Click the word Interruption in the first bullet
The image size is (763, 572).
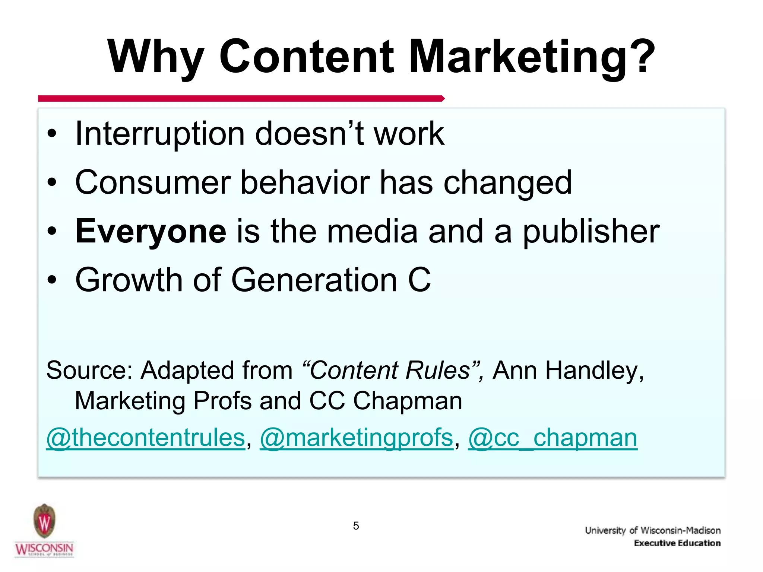click(x=159, y=134)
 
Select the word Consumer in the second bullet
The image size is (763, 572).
click(x=153, y=182)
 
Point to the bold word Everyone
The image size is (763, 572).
click(x=151, y=232)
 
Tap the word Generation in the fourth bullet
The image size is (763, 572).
click(x=314, y=280)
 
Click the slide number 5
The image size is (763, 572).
click(x=356, y=526)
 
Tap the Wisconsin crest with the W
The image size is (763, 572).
click(x=44, y=521)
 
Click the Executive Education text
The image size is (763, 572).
click(x=677, y=543)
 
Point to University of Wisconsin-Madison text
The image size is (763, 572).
click(x=653, y=530)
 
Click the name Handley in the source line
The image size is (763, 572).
click(x=594, y=371)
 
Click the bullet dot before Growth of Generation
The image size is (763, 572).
click(x=52, y=280)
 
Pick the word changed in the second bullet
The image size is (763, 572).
click(x=507, y=182)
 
